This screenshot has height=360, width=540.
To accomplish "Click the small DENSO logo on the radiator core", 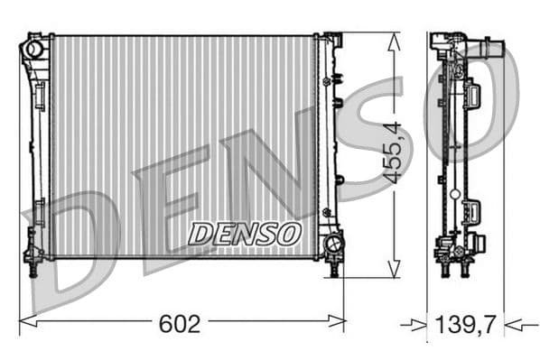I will pos(244,234).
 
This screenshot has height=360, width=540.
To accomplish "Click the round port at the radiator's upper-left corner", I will pos(34,49).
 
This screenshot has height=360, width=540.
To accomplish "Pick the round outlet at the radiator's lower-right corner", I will pos(333,242).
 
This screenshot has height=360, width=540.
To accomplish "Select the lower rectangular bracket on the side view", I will pos(470,211).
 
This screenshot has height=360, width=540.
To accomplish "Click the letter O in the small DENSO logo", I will pos(289,234).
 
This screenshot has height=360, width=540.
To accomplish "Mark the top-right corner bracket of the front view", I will pos(332,41).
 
